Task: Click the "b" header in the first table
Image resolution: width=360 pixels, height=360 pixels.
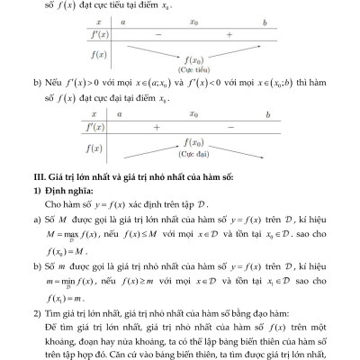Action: click(x=264, y=19)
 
